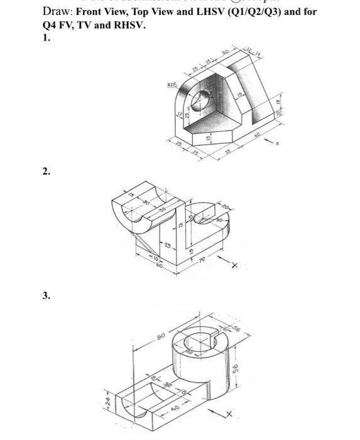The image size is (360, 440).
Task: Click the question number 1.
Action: tap(46, 38)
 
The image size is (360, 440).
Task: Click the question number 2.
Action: tap(46, 171)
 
